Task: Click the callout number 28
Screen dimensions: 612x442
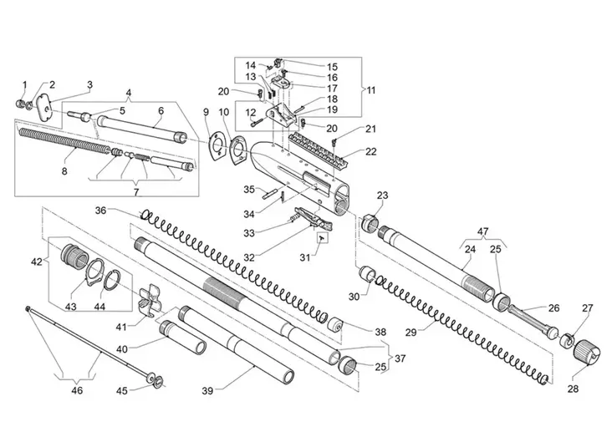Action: (x=573, y=389)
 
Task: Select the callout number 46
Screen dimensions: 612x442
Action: (x=77, y=390)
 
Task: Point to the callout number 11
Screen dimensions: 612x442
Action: (x=370, y=90)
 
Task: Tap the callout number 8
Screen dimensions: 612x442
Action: (x=64, y=170)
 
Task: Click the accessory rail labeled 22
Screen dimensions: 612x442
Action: (x=317, y=147)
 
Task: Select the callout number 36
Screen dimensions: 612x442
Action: (x=100, y=211)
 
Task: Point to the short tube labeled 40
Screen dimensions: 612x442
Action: (x=182, y=338)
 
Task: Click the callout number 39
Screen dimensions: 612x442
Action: (x=207, y=390)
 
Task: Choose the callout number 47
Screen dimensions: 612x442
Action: (x=482, y=231)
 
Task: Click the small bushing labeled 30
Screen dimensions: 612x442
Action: (x=366, y=273)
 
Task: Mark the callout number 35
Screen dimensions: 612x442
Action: (x=249, y=190)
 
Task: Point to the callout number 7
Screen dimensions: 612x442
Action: (x=135, y=192)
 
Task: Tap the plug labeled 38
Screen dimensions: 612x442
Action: (x=335, y=325)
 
